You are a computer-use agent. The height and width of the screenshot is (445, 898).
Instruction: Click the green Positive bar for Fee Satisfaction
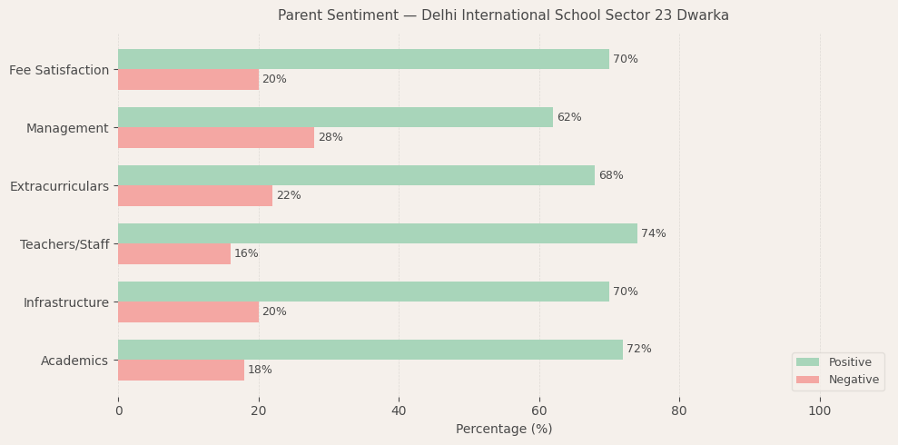(363, 59)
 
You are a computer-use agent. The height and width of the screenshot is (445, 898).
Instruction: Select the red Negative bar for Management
(216, 137)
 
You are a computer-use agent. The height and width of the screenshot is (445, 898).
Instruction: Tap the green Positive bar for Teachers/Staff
(378, 233)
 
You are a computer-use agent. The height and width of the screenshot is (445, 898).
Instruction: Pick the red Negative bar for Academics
(181, 370)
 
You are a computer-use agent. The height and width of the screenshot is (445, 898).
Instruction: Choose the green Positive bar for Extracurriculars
(356, 175)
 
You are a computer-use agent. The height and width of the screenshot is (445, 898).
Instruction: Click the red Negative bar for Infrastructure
(188, 311)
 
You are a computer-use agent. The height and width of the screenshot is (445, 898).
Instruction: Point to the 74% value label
(654, 233)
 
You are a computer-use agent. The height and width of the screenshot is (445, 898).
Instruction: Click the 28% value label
(331, 137)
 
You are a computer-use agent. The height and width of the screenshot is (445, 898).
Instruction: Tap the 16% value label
(246, 253)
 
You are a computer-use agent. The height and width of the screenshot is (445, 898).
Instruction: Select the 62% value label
(569, 117)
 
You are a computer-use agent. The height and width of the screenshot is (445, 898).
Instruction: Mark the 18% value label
(260, 370)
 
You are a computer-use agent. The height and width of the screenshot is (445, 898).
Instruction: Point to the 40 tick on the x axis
(399, 410)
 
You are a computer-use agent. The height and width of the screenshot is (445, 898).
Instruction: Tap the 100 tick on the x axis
(820, 410)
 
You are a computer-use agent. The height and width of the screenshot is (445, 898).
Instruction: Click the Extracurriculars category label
(59, 186)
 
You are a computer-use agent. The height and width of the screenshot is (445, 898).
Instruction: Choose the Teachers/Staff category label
(64, 244)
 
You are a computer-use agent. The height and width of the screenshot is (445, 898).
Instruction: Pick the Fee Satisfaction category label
(59, 70)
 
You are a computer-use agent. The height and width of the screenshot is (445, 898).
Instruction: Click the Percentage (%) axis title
(504, 429)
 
